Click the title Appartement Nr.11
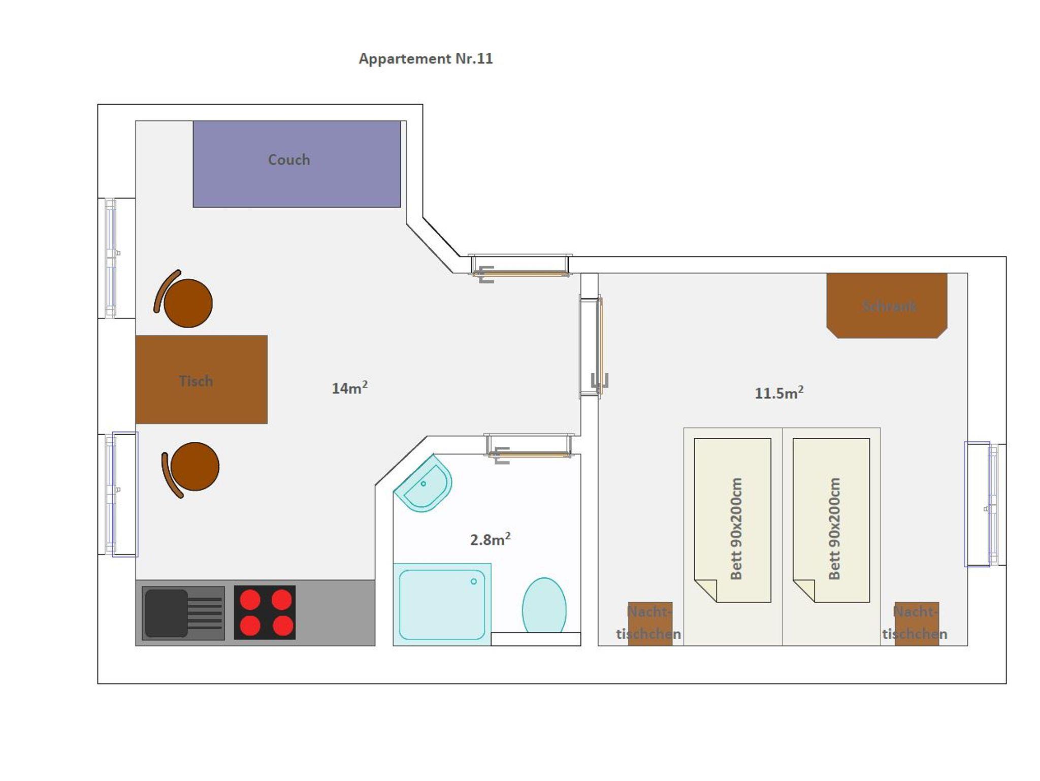426,59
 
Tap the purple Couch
297,164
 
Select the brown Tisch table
202,379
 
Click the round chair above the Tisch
183,300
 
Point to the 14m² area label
349,388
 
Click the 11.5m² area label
779,393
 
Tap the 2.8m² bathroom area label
490,539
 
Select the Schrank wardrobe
887,305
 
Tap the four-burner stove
265,612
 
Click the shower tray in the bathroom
442,604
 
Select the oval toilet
544,606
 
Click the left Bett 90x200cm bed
732,520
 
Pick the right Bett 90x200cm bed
831,520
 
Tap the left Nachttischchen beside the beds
650,624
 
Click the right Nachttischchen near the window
917,624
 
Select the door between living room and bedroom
590,347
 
